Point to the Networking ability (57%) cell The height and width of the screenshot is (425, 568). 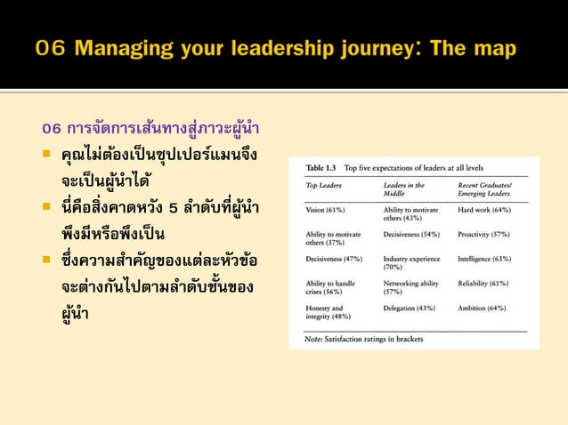tap(410, 287)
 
